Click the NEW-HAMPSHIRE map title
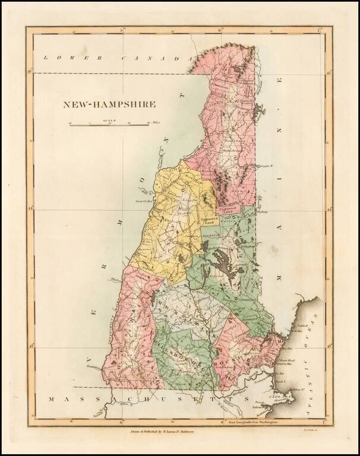[110, 104]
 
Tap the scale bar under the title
[109, 125]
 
